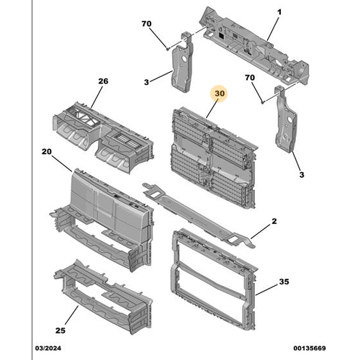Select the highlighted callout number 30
[219, 93]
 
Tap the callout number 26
[103, 81]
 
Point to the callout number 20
[47, 153]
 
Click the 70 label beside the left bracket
[146, 24]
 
